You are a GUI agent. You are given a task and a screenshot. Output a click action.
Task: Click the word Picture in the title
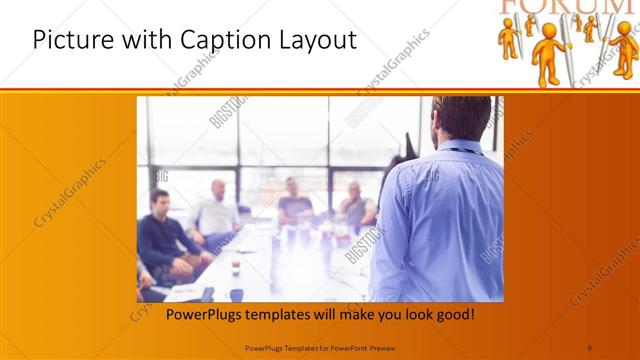66,41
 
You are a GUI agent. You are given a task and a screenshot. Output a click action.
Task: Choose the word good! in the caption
453,315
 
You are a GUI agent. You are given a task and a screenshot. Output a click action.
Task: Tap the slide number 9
589,347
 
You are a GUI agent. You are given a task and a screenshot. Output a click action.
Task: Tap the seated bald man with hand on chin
295,200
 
